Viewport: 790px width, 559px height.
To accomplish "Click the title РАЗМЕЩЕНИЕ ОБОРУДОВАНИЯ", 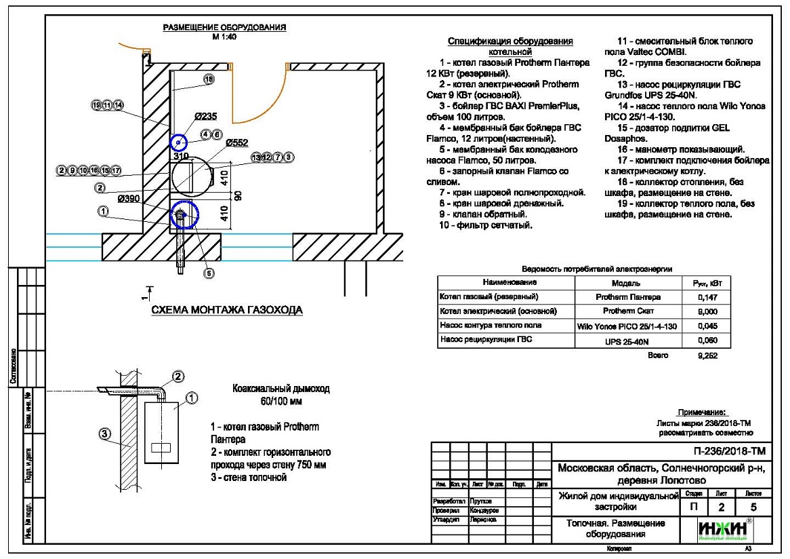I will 224,28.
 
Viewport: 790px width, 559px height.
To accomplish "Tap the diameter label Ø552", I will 237,143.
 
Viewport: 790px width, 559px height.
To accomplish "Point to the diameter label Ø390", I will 128,198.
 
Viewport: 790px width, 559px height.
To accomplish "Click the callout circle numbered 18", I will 209,79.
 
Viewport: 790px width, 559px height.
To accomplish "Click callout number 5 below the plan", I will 209,273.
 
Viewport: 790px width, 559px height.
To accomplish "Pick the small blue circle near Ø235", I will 178,142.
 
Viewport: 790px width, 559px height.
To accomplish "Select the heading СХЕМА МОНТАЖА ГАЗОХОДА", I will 227,310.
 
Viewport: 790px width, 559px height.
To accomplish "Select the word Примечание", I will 701,412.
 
